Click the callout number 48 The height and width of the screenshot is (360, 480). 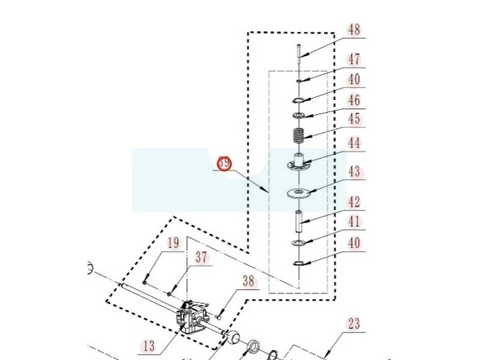click(x=354, y=29)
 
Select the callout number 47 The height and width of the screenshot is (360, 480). click(x=354, y=59)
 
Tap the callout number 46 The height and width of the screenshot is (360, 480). click(x=354, y=100)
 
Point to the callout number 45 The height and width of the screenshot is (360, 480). click(x=354, y=119)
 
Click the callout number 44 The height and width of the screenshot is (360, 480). click(x=354, y=143)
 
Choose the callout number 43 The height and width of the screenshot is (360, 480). click(x=354, y=172)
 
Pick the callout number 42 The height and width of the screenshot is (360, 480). click(x=354, y=202)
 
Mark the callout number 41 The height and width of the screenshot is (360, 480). click(x=354, y=222)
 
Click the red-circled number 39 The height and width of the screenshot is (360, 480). click(x=224, y=163)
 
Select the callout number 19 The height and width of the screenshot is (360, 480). click(x=173, y=243)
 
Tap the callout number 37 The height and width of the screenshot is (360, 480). click(x=201, y=257)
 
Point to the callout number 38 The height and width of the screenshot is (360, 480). click(x=249, y=280)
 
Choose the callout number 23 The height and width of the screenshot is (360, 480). click(x=354, y=324)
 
